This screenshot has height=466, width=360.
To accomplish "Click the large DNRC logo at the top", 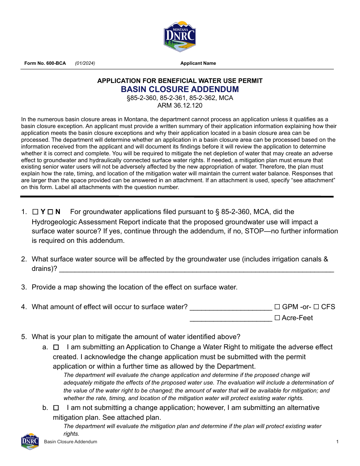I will (x=180, y=36).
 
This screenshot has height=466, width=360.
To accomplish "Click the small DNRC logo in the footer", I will (x=30, y=441).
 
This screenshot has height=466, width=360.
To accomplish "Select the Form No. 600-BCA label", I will (x=45, y=63).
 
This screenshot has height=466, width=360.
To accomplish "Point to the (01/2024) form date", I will (x=85, y=63).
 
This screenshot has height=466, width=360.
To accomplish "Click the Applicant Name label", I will (x=198, y=63).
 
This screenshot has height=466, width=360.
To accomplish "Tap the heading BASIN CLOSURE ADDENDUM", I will (x=180, y=89).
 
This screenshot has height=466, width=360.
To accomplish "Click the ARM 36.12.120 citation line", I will (x=180, y=106).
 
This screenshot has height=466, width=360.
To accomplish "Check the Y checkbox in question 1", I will (x=35, y=212).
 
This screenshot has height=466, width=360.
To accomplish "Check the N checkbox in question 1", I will (x=50, y=212).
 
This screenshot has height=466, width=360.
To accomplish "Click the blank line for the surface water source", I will (x=197, y=270).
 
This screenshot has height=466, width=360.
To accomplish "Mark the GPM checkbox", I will (x=277, y=307).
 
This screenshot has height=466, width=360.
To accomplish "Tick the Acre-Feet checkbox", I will (x=277, y=318).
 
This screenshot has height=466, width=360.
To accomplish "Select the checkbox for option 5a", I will (x=56, y=347).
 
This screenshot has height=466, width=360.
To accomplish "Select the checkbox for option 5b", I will (x=56, y=408).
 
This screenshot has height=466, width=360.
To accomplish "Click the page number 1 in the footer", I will (x=337, y=442).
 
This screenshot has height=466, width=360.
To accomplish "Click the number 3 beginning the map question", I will (x=23, y=287).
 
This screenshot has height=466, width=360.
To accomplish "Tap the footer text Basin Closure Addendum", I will (x=70, y=442).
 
